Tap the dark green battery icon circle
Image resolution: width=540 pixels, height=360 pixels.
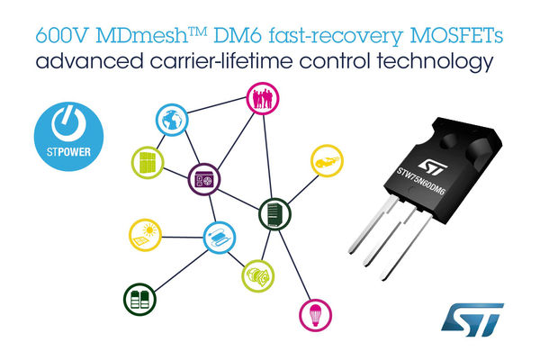point(141,297)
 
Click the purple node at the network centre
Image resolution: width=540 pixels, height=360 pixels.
point(202,180)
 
